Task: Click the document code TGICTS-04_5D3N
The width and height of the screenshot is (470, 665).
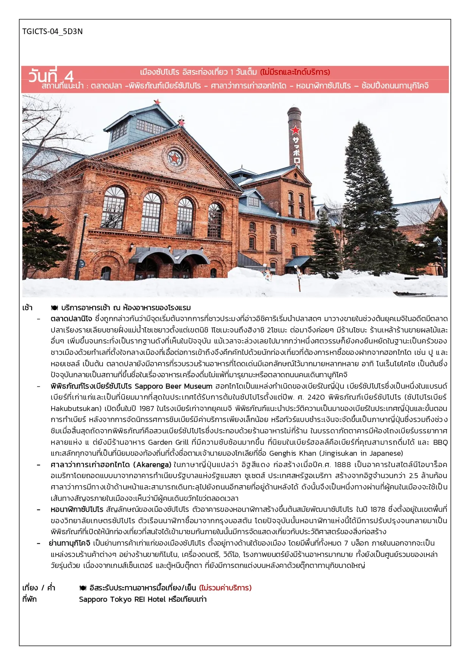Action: pos(52,31)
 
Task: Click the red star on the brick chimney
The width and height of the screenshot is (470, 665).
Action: pos(295,130)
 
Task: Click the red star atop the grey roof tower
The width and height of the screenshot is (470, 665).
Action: pos(157,102)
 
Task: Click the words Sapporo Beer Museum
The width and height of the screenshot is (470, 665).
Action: pos(173,386)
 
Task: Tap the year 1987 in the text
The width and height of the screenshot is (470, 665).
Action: pos(147,409)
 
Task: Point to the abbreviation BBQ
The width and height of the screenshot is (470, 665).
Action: pos(440,442)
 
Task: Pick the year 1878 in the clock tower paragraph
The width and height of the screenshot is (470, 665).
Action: pos(378,510)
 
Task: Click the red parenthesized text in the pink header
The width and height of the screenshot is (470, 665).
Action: pos(295,72)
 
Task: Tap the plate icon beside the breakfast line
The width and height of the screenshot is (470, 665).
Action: pos(54,308)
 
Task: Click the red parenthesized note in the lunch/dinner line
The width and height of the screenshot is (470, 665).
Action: pos(225,588)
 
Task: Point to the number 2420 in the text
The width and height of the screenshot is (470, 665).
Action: pos(316,397)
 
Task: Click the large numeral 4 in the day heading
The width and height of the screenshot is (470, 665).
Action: pos(69,77)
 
